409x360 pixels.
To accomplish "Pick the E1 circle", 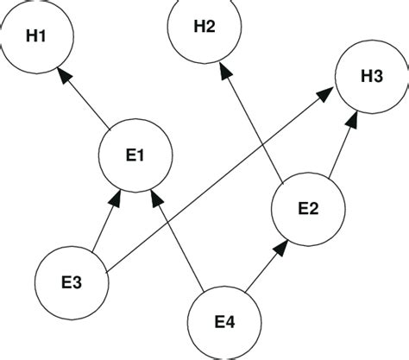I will point(136,155).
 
